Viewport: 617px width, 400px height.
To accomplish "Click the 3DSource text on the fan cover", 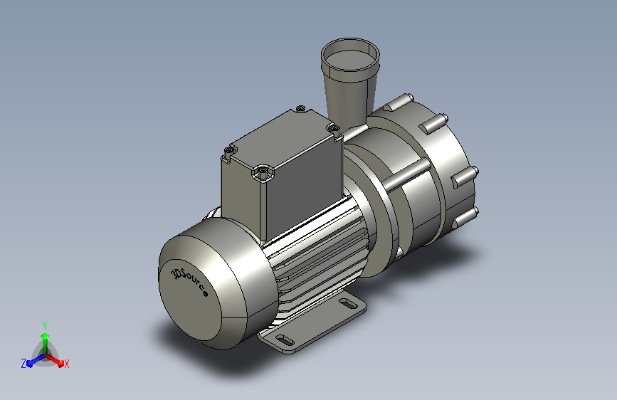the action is (x=189, y=283).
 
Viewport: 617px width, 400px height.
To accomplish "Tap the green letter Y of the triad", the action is (x=45, y=325).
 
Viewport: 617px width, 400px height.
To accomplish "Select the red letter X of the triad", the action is (x=66, y=364).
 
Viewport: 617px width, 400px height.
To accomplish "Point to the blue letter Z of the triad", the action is (x=23, y=364).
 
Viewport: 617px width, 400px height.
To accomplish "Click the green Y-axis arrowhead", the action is (x=46, y=337).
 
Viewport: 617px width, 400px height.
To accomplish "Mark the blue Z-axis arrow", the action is (x=36, y=360).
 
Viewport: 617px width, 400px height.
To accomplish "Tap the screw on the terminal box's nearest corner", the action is (x=263, y=172).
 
